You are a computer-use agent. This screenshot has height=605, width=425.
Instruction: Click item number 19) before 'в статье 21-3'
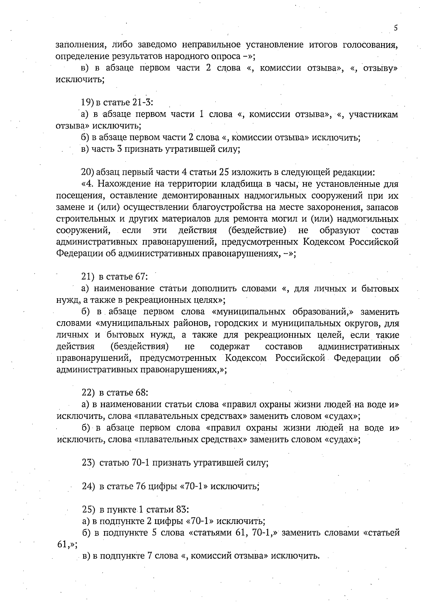pos(87,103)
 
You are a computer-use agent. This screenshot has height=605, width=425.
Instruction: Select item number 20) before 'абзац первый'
pos(87,173)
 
